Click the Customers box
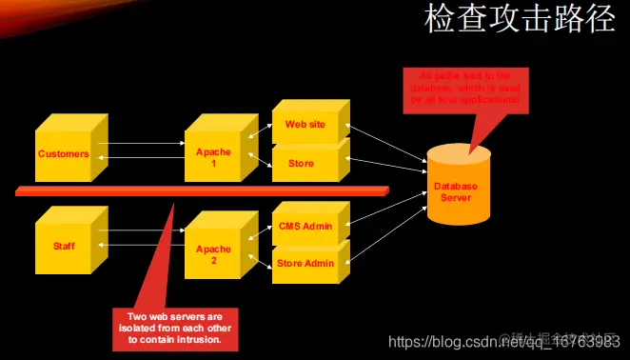63,154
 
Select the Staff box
63,246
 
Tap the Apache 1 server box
213,157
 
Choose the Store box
301,164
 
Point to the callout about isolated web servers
174,327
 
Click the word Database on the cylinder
455,187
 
